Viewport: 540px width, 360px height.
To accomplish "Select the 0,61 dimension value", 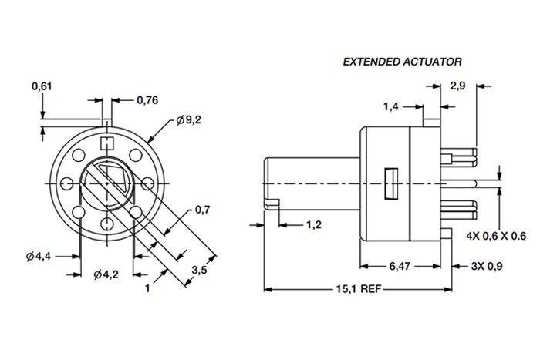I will click(x=42, y=86).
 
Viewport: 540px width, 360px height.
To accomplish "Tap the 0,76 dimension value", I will click(x=147, y=99).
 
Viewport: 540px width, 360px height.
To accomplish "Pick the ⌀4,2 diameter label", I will click(x=106, y=274).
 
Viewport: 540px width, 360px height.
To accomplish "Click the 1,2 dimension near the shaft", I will click(x=313, y=225).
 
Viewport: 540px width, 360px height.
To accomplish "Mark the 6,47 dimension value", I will click(x=399, y=266).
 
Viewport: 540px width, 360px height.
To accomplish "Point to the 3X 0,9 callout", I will click(x=488, y=266).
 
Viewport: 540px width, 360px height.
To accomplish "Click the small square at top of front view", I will click(x=107, y=142).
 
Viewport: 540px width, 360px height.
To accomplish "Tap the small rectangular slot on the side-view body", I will click(x=390, y=182).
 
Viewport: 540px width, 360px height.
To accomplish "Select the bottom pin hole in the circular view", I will click(x=107, y=225).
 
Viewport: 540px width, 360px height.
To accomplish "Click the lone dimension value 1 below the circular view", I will click(x=146, y=291).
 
